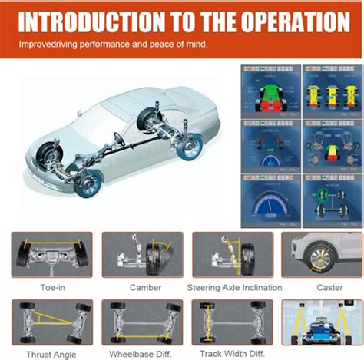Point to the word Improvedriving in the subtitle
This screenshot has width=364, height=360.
pyautogui.click(x=51, y=45)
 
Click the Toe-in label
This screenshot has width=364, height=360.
pyautogui.click(x=51, y=288)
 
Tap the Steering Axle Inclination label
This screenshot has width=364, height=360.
pyautogui.click(x=235, y=288)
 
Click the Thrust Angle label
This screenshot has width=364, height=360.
pyautogui.click(x=51, y=354)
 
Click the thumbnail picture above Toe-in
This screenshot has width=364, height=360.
pyautogui.click(x=51, y=255)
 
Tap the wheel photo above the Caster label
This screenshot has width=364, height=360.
pyautogui.click(x=322, y=255)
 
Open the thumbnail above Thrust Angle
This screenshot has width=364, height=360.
pyautogui.click(x=51, y=322)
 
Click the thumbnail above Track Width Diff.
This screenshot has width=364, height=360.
pyautogui.click(x=231, y=322)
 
